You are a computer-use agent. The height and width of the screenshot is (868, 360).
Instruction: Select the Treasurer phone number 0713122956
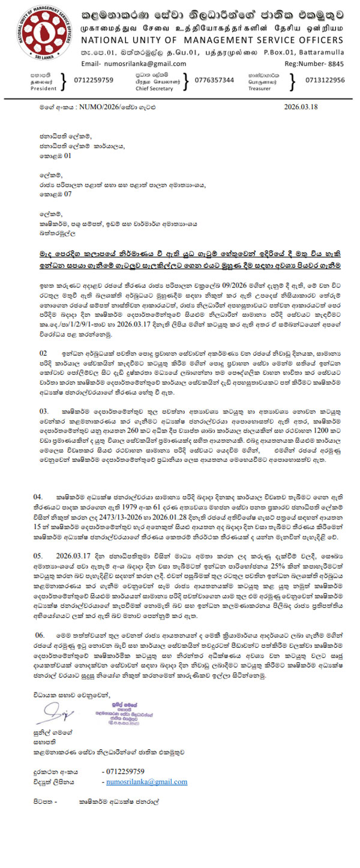[x=325, y=80]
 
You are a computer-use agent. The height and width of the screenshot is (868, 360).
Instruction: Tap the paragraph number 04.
[x=38, y=497]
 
